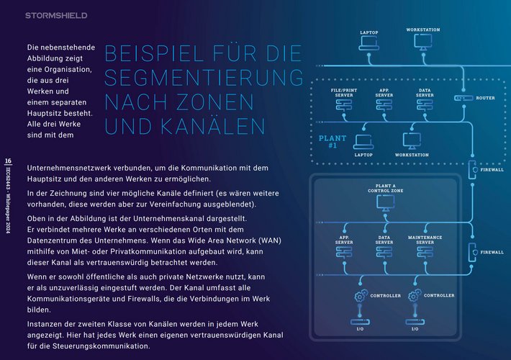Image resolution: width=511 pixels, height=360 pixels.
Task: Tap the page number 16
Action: [x=8, y=161]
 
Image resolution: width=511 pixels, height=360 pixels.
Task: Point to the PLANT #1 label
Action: [x=333, y=141]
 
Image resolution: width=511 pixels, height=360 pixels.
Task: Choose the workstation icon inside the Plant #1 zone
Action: [x=412, y=141]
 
